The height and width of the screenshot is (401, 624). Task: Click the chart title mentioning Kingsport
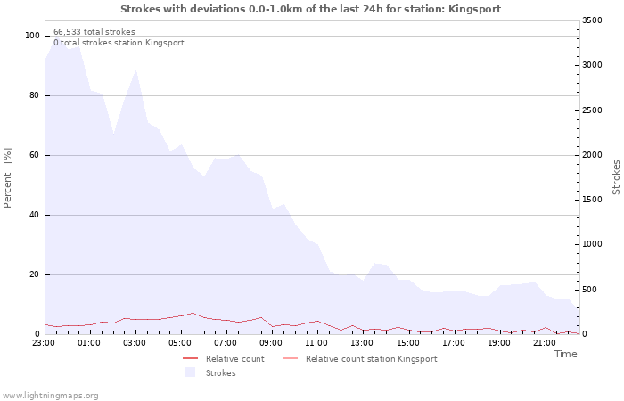coord(310,9)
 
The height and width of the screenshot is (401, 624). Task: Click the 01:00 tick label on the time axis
coord(89,342)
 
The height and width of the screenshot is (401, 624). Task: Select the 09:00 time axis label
coord(271,342)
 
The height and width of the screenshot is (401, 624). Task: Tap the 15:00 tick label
coord(408,342)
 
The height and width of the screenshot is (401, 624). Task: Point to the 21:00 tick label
coord(545,342)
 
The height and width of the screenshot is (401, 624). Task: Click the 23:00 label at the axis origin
coord(44,342)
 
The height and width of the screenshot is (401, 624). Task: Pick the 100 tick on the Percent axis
coord(32,36)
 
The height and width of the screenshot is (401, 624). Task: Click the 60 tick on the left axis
coord(35,155)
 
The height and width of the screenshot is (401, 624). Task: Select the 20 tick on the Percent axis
coord(35,274)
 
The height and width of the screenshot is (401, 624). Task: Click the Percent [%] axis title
coord(8,177)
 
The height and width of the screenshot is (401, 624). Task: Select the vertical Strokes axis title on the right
coord(616,176)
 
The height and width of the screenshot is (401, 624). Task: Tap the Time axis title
coord(565,354)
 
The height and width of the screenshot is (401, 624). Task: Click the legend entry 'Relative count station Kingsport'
coord(371,359)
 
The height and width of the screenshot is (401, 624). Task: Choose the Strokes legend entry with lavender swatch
coord(220,373)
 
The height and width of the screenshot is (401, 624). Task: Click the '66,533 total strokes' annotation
coord(94,31)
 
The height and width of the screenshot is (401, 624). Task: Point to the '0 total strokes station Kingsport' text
coord(119,42)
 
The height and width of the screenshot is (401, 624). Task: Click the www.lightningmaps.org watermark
coord(51,395)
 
